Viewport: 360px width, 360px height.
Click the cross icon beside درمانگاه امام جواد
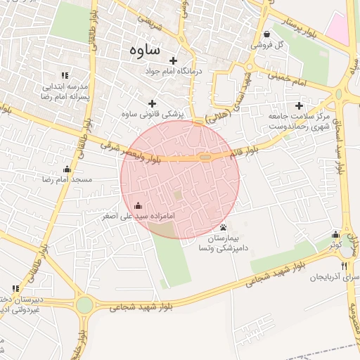pos(173,60)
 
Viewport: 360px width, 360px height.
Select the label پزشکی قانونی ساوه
pos(152,113)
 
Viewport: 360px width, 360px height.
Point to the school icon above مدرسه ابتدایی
pos(65,75)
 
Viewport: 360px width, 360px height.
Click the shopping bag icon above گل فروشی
pos(266,34)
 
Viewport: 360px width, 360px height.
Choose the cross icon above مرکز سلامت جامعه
pos(300,105)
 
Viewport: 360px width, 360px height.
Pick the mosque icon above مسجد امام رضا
pos(67,169)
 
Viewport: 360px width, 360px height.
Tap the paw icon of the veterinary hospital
pos(224,227)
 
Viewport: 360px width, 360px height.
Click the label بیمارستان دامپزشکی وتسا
pos(224,243)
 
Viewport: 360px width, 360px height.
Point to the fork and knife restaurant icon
pos(344,266)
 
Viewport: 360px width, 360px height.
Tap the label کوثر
pos(335,245)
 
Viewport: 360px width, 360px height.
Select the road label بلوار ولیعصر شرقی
pos(141,152)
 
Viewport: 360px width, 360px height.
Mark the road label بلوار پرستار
pos(302,28)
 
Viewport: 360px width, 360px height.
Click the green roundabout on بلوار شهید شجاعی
pos(84,305)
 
